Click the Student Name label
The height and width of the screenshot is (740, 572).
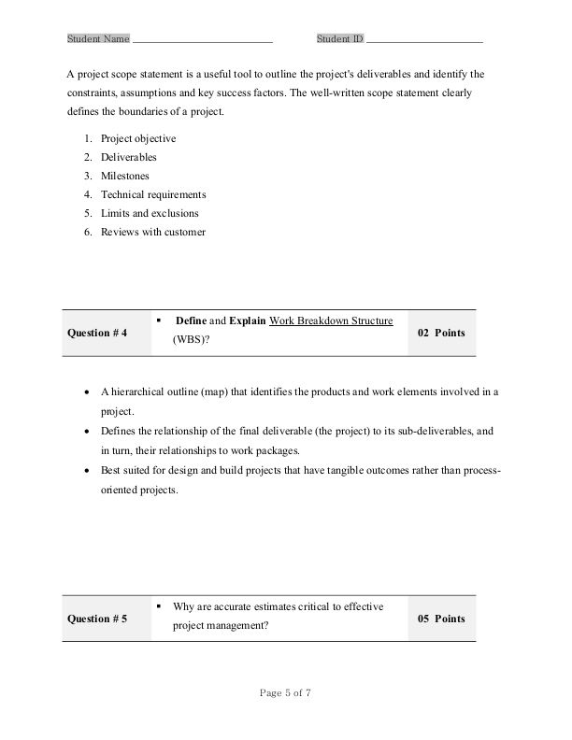click(98, 39)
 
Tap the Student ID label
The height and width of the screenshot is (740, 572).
click(339, 39)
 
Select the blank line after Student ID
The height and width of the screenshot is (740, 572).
click(424, 41)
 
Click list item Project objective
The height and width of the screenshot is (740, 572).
click(137, 138)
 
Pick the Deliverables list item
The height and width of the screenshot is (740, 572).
click(128, 157)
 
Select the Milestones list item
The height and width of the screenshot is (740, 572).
click(124, 176)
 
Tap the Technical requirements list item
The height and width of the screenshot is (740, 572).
click(152, 194)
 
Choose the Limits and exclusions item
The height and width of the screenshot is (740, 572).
click(149, 213)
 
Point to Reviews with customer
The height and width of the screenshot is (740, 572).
click(152, 232)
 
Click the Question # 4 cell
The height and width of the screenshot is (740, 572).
click(98, 333)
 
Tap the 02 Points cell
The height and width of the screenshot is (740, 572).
click(440, 333)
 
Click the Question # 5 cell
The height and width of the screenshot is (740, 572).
click(98, 619)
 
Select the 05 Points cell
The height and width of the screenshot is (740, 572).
click(440, 619)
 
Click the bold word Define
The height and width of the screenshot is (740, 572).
click(191, 320)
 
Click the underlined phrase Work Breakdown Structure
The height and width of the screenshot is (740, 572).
click(331, 320)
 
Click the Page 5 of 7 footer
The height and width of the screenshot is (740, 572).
click(285, 692)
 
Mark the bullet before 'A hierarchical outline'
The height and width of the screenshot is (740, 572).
click(87, 392)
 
